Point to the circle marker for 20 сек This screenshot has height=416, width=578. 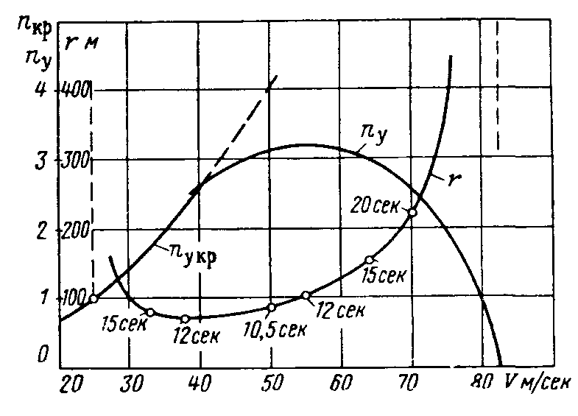(x=412, y=212)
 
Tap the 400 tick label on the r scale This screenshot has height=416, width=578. (x=76, y=90)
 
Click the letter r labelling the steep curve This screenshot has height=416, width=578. (x=451, y=178)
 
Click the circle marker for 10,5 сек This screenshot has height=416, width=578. (x=271, y=308)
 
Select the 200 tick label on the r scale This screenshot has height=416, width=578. (x=76, y=230)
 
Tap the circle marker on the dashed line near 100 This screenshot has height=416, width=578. (x=93, y=298)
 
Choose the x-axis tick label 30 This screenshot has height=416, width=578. (x=130, y=384)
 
